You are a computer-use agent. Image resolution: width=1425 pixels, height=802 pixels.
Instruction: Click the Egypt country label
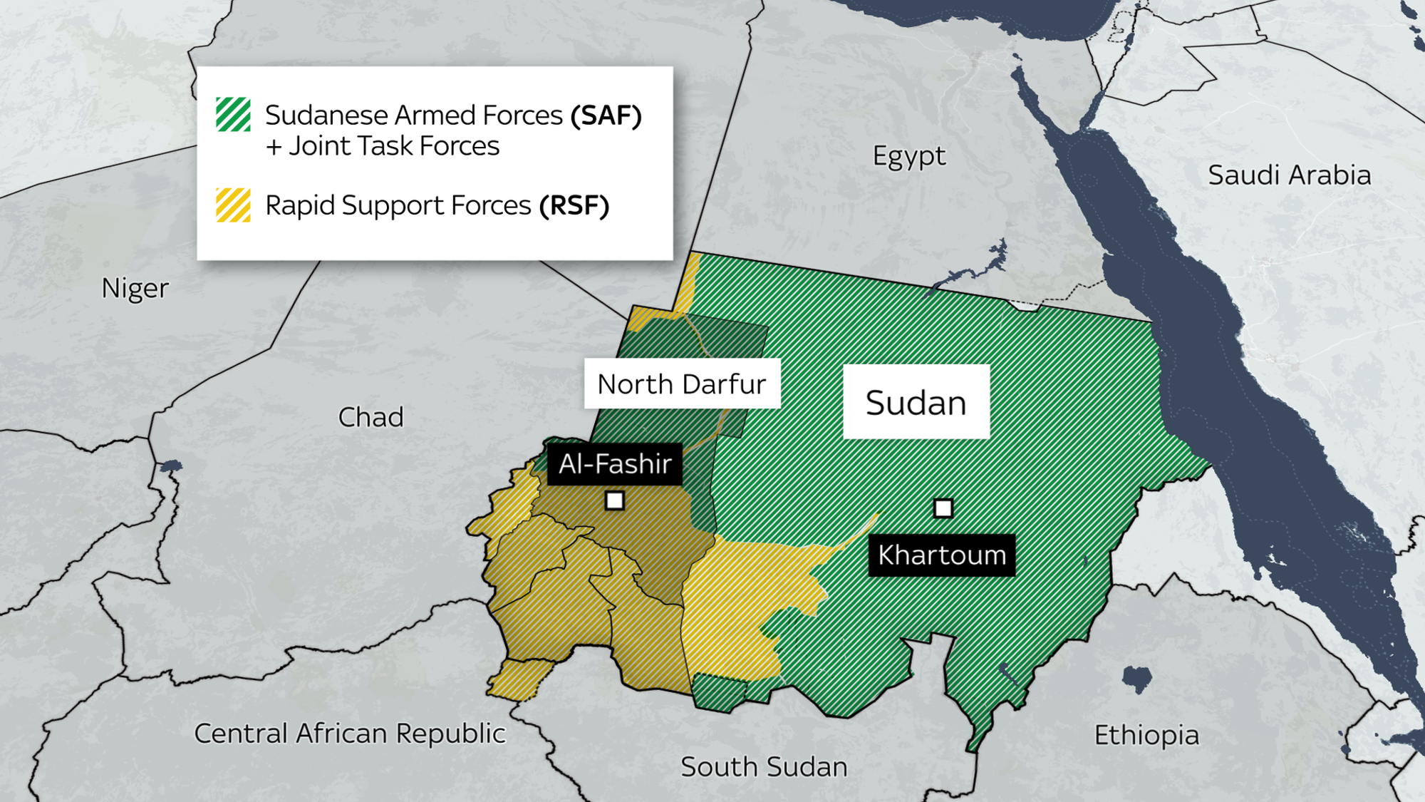click(x=909, y=155)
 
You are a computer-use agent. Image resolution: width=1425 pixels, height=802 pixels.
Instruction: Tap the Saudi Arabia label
click(x=1289, y=175)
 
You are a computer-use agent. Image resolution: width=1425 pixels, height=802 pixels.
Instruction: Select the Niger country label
click(x=135, y=289)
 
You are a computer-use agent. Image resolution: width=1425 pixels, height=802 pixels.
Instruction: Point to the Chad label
click(x=370, y=417)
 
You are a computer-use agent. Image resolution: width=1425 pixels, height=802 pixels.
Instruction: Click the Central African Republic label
click(x=350, y=734)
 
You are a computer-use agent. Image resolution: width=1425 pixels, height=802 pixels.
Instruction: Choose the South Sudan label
click(x=764, y=767)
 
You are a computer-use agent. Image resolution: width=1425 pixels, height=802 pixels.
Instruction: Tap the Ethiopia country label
click(x=1146, y=735)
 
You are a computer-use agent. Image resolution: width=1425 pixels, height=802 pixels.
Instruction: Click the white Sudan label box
click(x=916, y=402)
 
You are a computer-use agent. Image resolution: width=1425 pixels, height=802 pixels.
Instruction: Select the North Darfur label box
click(x=682, y=384)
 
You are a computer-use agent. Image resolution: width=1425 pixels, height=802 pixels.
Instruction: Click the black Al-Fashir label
click(x=615, y=464)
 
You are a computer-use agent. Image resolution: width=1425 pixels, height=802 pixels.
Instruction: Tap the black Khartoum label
click(x=941, y=555)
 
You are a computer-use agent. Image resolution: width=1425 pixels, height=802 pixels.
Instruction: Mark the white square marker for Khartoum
click(x=943, y=508)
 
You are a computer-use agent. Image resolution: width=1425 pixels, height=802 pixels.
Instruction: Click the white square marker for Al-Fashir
click(x=614, y=500)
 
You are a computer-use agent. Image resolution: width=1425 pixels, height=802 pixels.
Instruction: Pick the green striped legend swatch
click(x=233, y=115)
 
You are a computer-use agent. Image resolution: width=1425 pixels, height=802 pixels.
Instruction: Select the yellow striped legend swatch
click(x=233, y=205)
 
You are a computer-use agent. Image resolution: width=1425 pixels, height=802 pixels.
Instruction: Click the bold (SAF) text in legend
click(x=606, y=115)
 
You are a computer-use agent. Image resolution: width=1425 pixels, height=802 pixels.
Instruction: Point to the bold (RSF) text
click(x=574, y=205)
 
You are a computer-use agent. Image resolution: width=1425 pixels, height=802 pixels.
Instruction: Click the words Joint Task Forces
click(x=394, y=146)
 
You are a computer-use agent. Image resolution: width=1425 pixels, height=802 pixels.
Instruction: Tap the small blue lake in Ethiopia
click(x=1136, y=679)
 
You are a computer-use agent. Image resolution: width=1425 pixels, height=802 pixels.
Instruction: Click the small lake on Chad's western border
click(x=171, y=467)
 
